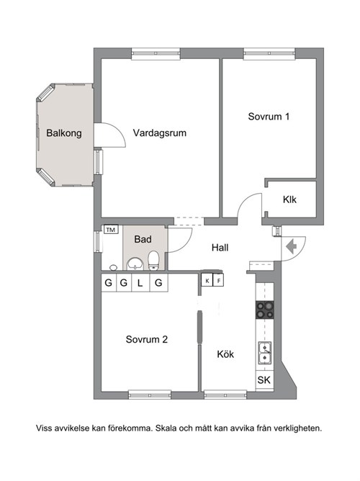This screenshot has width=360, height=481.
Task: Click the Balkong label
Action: pyautogui.click(x=64, y=133)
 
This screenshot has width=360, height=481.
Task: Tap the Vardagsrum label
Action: pyautogui.click(x=160, y=133)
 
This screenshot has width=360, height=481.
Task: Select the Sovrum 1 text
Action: pyautogui.click(x=269, y=117)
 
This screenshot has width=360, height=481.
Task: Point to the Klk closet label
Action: pyautogui.click(x=289, y=199)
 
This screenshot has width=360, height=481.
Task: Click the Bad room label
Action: pyautogui.click(x=143, y=239)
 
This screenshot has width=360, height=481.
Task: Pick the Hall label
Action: pyautogui.click(x=220, y=248)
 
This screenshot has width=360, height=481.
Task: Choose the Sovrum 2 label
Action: pyautogui.click(x=147, y=339)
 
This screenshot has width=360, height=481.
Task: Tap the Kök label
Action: pyautogui.click(x=225, y=354)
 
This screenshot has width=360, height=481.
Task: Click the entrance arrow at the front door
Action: pyautogui.click(x=292, y=246)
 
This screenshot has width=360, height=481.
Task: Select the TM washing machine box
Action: pyautogui.click(x=111, y=230)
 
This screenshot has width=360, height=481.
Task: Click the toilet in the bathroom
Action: pyautogui.click(x=153, y=261)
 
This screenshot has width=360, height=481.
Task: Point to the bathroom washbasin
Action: pyautogui.click(x=135, y=264)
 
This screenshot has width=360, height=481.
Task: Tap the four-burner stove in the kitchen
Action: pyautogui.click(x=265, y=310)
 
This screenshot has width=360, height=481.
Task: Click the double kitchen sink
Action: pyautogui.click(x=265, y=353)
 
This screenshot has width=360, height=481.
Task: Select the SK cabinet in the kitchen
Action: pyautogui.click(x=264, y=380)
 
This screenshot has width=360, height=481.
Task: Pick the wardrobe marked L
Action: pyautogui.click(x=140, y=282)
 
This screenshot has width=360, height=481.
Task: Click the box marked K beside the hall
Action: pyautogui.click(x=207, y=280)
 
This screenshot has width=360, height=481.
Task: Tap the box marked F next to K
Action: pyautogui.click(x=218, y=280)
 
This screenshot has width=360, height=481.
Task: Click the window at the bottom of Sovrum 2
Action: pyautogui.click(x=150, y=395)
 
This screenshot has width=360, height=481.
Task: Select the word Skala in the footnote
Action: pyautogui.click(x=166, y=428)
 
